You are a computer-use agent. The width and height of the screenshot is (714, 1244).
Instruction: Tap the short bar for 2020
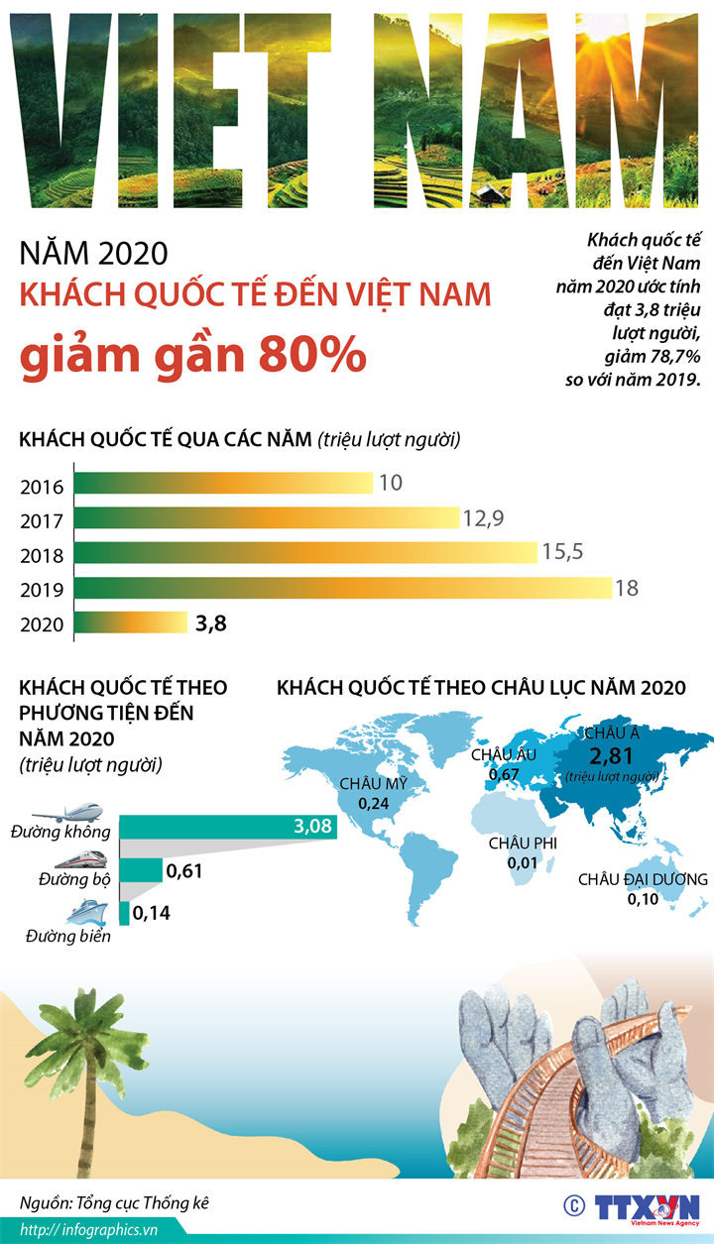pyautogui.click(x=129, y=622)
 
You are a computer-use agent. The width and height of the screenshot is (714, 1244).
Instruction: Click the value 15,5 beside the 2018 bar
pyautogui.click(x=563, y=553)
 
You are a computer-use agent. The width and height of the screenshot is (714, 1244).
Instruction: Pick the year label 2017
pyautogui.click(x=42, y=521)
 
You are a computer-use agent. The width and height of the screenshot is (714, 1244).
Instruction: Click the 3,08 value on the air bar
pyautogui.click(x=311, y=826)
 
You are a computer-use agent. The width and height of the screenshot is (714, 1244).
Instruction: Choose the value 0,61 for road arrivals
pyautogui.click(x=185, y=871)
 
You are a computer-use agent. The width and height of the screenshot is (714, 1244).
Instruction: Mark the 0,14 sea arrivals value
pyautogui.click(x=152, y=913)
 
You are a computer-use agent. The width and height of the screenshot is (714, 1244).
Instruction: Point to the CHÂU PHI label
pyautogui.click(x=523, y=844)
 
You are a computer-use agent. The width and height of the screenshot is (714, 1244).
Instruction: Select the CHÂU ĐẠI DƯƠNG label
pyautogui.click(x=643, y=879)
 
